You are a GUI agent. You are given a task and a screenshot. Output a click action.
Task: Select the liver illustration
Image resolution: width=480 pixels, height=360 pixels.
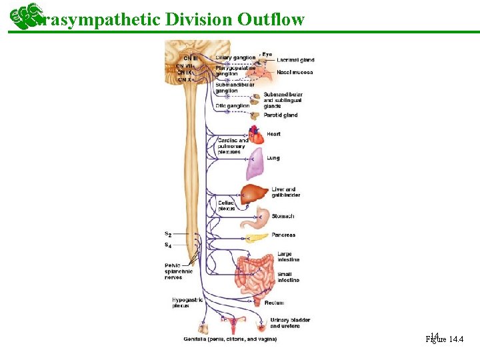click(254, 195)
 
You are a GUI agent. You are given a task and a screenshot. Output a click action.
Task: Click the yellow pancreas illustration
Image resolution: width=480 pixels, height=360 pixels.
click(257, 237)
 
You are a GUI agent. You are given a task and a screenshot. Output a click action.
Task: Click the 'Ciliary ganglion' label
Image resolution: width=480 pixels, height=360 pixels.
click(235, 58)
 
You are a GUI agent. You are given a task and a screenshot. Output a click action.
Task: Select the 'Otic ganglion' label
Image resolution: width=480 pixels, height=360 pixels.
click(232, 105)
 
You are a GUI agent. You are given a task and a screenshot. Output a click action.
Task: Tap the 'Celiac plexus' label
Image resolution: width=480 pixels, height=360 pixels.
click(226, 205)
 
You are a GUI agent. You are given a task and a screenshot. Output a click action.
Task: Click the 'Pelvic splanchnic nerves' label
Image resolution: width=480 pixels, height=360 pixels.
click(178, 271)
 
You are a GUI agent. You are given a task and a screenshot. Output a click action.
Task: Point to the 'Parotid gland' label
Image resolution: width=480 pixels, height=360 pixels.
click(281, 115)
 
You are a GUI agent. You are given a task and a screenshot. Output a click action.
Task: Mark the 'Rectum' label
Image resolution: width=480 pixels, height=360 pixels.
click(274, 303)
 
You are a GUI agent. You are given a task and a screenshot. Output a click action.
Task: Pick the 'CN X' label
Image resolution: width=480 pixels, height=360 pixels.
click(183, 79)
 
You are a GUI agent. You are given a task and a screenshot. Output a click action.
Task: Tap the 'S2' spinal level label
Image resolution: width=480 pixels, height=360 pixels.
click(168, 234)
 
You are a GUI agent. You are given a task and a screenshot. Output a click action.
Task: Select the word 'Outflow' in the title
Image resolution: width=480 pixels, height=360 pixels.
click(270, 19)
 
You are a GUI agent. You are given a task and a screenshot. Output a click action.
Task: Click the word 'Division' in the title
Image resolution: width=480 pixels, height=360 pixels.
click(199, 19)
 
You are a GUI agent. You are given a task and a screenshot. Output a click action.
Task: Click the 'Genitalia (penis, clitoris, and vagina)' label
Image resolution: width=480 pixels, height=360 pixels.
click(230, 339)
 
